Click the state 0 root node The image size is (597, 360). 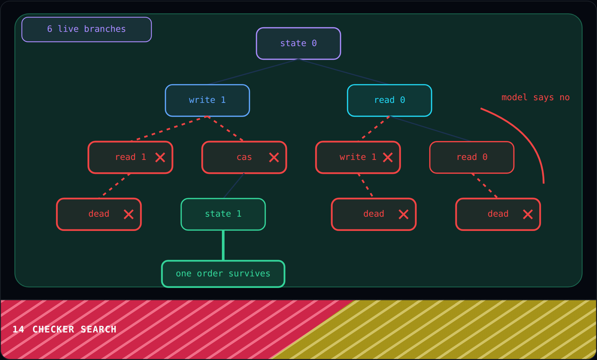coord(298,43)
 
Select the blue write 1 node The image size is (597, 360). coord(207,100)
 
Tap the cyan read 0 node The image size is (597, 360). coord(389,100)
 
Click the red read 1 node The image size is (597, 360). coord(130,157)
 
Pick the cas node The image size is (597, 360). coord(244,157)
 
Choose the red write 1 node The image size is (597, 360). coord(358,157)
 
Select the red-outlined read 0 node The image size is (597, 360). coord(472,157)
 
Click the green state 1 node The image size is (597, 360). coord(223,214)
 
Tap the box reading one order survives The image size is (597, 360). coord(223,274)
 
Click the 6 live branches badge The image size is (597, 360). coord(87,29)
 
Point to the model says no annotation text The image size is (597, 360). coord(535,97)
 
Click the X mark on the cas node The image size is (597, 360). coord(274,157)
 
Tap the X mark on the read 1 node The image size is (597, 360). coord(160,157)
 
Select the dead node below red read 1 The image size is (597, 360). coord(99,214)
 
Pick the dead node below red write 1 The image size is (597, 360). coord(374,214)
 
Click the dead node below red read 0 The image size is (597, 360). coord(498,214)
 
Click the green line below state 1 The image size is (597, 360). coord(223,245)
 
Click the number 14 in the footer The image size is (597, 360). coord(18,329)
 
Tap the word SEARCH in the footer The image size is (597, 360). coord(99,329)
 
